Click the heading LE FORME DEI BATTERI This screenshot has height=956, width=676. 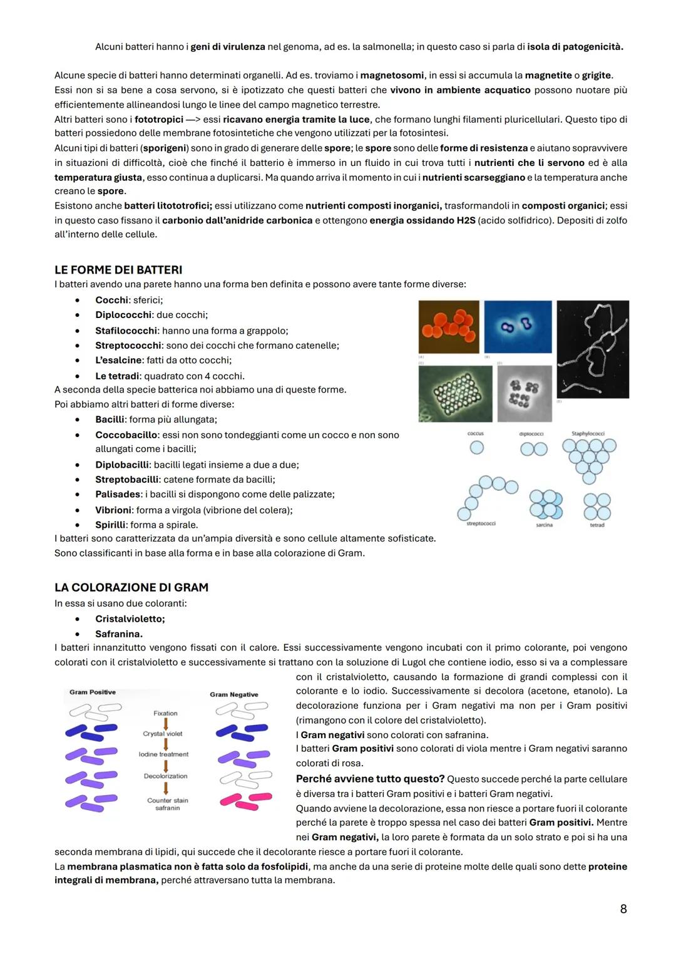coord(118,270)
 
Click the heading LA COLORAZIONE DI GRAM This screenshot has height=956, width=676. coord(131,587)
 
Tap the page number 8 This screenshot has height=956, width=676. coord(623,908)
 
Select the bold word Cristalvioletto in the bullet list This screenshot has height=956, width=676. coord(130,619)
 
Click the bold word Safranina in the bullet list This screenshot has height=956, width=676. coord(118,634)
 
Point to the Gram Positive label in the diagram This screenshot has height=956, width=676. coord(93,692)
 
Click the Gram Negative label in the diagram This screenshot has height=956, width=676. coord(233,694)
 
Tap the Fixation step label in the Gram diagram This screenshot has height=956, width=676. coord(165,713)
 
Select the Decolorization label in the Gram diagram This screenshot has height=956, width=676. coord(165,776)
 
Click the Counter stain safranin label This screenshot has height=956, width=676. coord(167,804)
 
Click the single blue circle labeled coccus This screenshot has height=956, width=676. coord(476,448)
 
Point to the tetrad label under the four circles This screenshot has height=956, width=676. coord(597,525)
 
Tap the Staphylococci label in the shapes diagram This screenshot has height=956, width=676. coord(588,433)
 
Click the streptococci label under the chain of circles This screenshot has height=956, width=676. coord(481,523)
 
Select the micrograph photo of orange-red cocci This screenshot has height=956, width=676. coord(449,327)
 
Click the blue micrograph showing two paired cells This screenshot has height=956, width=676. coord(518,327)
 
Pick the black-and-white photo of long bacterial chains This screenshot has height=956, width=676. coord(592,349)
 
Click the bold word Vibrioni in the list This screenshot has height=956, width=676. coord(113,510)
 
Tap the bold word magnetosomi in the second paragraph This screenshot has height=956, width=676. coord(392,75)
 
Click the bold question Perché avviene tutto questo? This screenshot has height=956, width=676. coord(370,779)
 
